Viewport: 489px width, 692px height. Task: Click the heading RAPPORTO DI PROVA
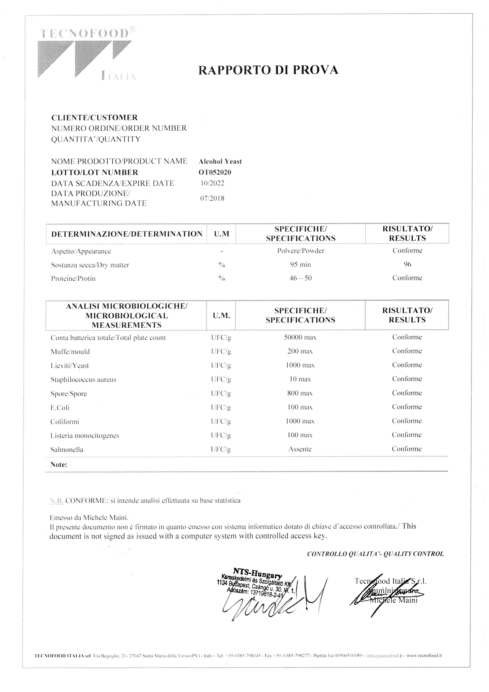[x=268, y=70]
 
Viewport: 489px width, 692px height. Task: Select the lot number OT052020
[x=215, y=172]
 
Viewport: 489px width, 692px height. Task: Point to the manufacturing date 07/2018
[x=212, y=198]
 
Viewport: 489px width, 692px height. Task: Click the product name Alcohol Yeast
[x=220, y=162]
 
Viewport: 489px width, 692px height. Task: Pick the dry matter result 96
[x=407, y=264]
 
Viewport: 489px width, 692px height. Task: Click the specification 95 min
[x=300, y=265]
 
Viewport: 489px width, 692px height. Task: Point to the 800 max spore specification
[x=300, y=393]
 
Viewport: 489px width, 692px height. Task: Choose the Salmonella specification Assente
[x=300, y=449]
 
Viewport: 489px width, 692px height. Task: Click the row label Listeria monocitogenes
[x=85, y=435]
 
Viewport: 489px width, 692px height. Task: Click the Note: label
[x=59, y=464]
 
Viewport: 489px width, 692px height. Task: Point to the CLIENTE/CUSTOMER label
[x=95, y=118]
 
